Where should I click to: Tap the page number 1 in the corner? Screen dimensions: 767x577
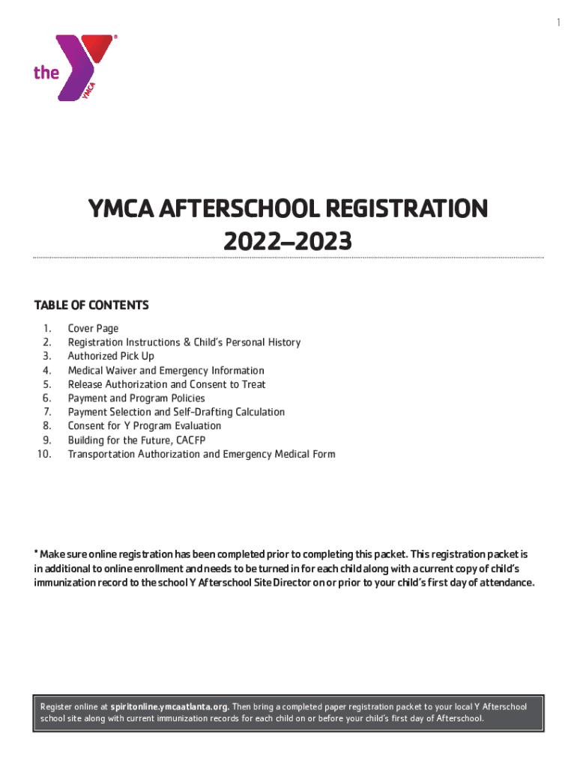[558, 23]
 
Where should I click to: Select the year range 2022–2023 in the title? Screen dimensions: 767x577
[288, 241]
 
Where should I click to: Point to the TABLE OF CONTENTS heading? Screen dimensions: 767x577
[91, 306]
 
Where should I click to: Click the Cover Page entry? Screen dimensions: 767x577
[93, 328]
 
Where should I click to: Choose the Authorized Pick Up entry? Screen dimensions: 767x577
[111, 356]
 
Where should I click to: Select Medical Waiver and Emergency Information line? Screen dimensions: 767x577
[166, 370]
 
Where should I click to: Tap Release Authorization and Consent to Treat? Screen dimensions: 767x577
[166, 384]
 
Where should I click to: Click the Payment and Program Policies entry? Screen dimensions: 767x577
[136, 398]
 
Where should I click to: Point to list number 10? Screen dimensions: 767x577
[43, 454]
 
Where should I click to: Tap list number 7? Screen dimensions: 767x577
[46, 412]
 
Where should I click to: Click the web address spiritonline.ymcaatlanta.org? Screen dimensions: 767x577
[170, 706]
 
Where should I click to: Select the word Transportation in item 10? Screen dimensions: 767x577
[101, 454]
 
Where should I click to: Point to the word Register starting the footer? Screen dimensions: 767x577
[57, 706]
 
